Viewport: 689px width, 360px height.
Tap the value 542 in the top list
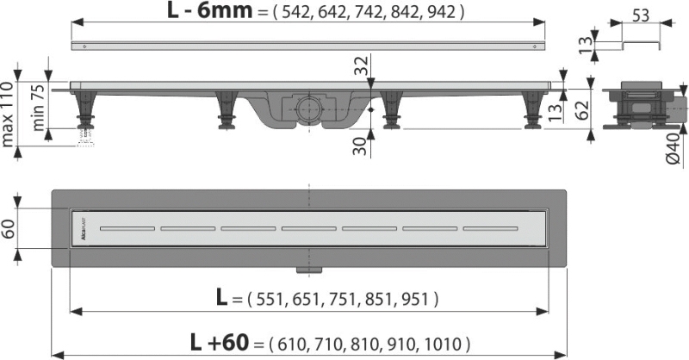coord(302,14)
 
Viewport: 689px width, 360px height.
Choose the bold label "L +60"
coord(221,342)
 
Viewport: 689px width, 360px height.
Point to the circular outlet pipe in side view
coord(309,109)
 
